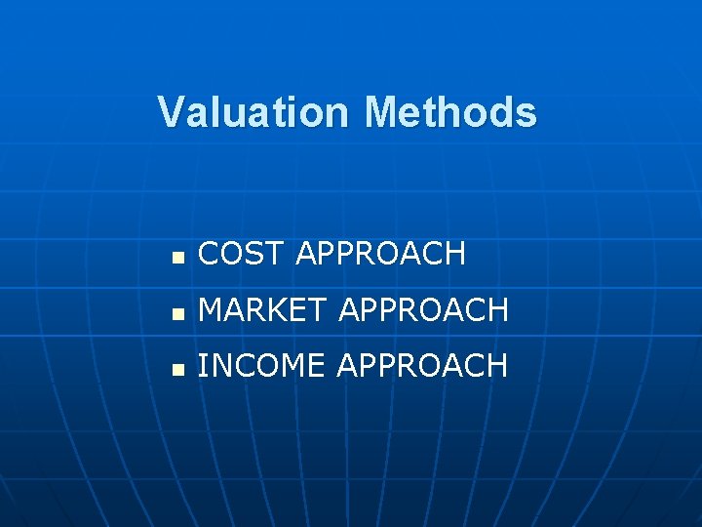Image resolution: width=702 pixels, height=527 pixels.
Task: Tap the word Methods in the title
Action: (450, 112)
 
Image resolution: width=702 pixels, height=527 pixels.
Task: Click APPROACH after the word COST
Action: (380, 254)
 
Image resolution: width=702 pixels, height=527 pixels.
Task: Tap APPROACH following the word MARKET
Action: (423, 310)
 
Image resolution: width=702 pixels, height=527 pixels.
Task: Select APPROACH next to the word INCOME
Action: (422, 366)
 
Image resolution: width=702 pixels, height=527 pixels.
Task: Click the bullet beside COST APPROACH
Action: (176, 257)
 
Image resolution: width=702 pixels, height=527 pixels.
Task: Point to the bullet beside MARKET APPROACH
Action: (176, 313)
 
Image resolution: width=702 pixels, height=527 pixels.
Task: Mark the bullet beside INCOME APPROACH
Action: (176, 369)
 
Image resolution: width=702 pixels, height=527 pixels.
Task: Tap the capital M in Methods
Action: (381, 112)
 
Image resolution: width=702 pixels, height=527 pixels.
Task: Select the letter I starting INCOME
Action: (202, 366)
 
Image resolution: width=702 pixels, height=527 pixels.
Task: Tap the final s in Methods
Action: (526, 113)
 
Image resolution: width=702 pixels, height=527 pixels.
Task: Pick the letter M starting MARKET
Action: (211, 310)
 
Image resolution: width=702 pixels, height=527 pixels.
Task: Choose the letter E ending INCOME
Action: (317, 366)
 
